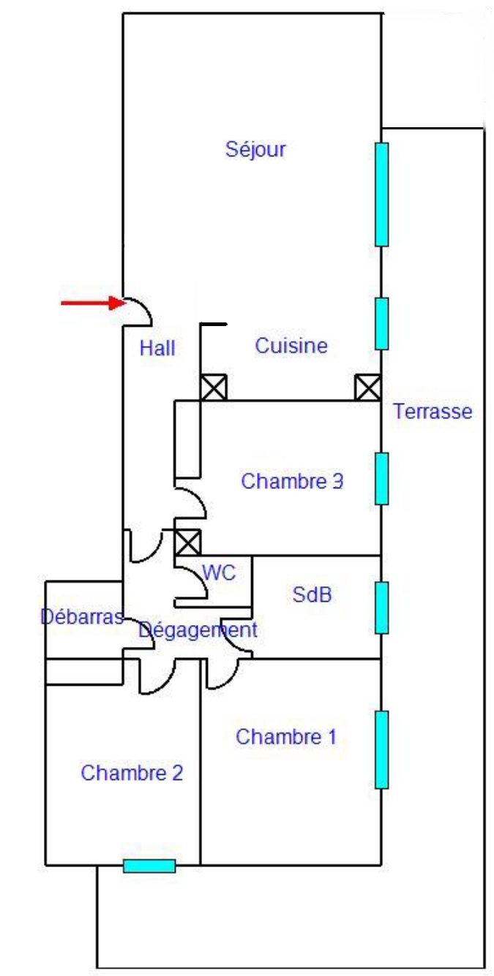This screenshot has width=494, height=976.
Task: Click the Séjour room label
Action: tap(255, 150)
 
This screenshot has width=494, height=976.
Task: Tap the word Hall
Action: tap(157, 348)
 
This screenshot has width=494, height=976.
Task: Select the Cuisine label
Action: tap(291, 346)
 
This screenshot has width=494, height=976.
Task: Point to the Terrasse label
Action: tap(433, 412)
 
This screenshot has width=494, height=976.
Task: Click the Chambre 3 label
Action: tap(292, 482)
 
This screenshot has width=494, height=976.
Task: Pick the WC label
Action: tap(219, 573)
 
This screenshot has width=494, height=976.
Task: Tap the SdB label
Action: tap(312, 595)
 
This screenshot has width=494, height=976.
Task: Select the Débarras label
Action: tap(81, 616)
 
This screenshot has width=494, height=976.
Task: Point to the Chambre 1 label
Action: tap(286, 737)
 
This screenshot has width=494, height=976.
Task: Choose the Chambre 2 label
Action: tap(132, 773)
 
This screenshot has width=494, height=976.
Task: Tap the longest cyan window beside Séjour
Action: tap(381, 194)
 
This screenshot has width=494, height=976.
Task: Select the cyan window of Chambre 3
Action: tap(381, 478)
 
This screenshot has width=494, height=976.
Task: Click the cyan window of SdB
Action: tap(381, 608)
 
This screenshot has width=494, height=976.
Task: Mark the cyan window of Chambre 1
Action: tap(381, 749)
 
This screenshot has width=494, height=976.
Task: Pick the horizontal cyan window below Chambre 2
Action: tap(149, 866)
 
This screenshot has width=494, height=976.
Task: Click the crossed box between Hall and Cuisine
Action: tap(213, 387)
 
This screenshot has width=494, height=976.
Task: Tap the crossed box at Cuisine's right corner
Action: tap(367, 387)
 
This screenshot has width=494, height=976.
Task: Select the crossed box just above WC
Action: tap(188, 542)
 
